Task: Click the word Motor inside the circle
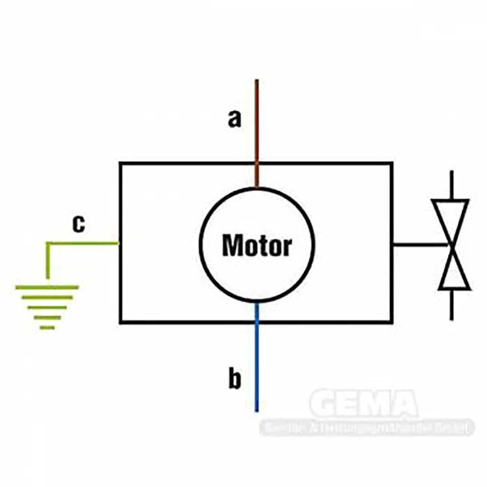pos(257,246)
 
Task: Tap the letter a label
pos(234,119)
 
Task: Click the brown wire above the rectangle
pos(256,122)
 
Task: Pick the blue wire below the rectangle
pos(256,365)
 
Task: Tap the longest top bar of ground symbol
pos(47,287)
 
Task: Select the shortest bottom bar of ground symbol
pos(47,327)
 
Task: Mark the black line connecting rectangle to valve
pos(420,245)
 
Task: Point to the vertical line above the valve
pos(452,185)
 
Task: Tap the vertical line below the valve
pos(452,304)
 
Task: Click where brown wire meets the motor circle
pos(256,187)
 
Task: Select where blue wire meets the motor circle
pos(256,303)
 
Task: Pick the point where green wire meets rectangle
pos(119,243)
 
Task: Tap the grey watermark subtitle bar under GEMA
pos(367,427)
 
